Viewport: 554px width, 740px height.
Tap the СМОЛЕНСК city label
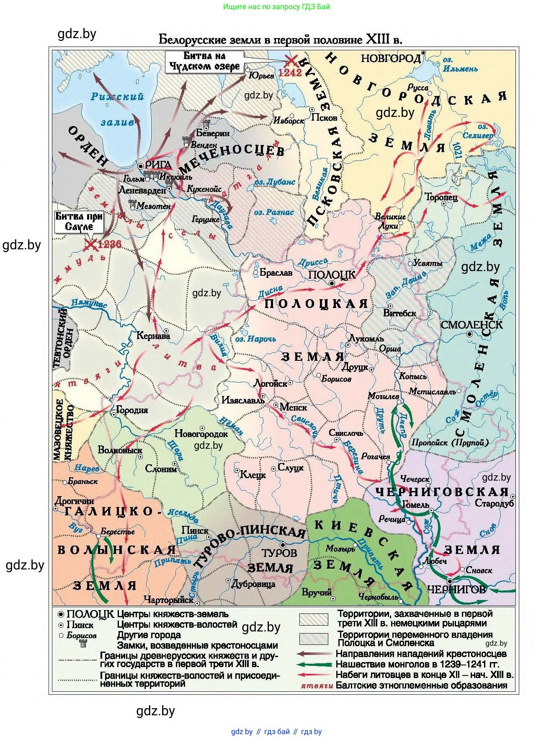click(471, 325)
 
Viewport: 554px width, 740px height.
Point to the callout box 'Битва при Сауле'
click(79, 222)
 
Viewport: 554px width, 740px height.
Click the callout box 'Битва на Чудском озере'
click(204, 62)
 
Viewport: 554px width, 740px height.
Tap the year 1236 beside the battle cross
click(109, 244)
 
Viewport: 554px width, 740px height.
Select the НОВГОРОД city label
click(391, 58)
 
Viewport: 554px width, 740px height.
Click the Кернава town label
click(154, 336)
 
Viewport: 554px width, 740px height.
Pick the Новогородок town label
click(201, 434)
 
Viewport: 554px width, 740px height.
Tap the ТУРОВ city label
click(279, 553)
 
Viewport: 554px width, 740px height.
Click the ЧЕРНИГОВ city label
click(456, 590)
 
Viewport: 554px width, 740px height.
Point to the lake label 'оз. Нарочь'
click(255, 339)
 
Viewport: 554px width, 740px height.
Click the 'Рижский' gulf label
click(117, 97)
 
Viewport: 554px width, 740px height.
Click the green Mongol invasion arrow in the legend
click(314, 664)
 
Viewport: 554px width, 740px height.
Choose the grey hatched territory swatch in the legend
click(314, 619)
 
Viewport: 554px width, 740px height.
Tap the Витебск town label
click(399, 313)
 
